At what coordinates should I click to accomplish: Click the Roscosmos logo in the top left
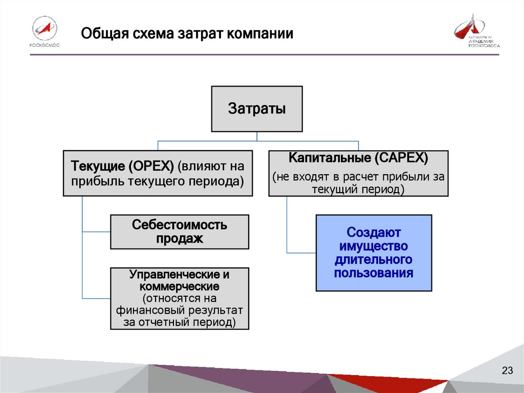click(45, 32)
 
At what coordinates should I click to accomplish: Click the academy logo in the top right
click(476, 32)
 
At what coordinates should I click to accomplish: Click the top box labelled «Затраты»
click(257, 109)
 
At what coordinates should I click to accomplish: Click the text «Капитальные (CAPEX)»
click(358, 157)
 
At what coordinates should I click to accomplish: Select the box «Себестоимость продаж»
click(180, 232)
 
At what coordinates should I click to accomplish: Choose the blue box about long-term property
click(374, 253)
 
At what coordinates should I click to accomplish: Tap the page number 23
click(507, 371)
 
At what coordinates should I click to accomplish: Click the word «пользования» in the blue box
click(374, 273)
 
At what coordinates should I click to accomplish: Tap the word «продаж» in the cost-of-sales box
click(180, 238)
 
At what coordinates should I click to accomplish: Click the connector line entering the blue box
click(301, 253)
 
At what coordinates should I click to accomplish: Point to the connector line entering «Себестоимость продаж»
click(97, 232)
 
